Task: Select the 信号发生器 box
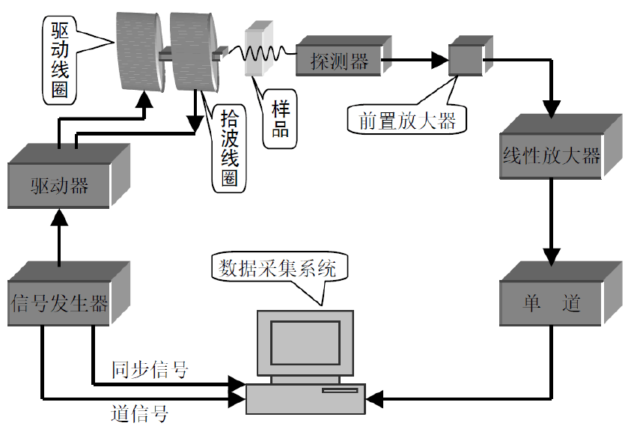pyautogui.click(x=60, y=303)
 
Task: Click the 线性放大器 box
pyautogui.click(x=551, y=156)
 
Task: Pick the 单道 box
pyautogui.click(x=551, y=303)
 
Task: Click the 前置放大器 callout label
pyautogui.click(x=406, y=121)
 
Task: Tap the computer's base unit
pyautogui.click(x=305, y=398)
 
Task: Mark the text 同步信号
pyautogui.click(x=150, y=369)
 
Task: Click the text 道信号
pyautogui.click(x=138, y=413)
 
